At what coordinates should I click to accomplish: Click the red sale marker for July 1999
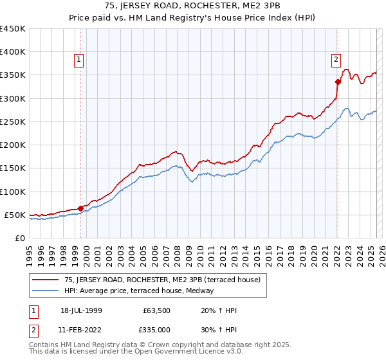(x=80, y=208)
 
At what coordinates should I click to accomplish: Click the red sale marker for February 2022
(x=337, y=82)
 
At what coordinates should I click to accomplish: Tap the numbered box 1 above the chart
(x=78, y=60)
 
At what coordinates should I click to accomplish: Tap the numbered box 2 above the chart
(x=335, y=60)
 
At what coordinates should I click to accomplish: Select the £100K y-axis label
(x=13, y=192)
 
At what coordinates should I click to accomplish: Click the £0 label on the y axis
(x=20, y=238)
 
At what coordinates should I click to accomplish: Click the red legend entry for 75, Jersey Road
(x=161, y=280)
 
